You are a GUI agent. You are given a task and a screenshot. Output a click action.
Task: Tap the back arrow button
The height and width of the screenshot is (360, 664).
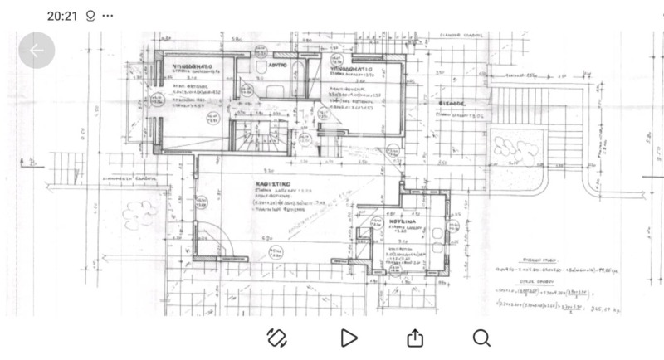click(x=37, y=51)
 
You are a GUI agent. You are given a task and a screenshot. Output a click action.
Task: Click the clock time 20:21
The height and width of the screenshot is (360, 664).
click(x=62, y=15)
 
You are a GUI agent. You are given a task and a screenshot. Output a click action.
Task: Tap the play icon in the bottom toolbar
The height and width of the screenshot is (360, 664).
click(x=349, y=338)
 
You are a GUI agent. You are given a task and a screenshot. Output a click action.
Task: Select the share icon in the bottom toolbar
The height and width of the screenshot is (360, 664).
click(x=415, y=338)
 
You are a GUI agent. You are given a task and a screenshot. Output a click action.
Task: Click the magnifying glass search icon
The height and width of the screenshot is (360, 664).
click(x=481, y=338)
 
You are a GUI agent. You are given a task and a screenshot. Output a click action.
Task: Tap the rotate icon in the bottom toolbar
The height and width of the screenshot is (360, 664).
click(x=277, y=338)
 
